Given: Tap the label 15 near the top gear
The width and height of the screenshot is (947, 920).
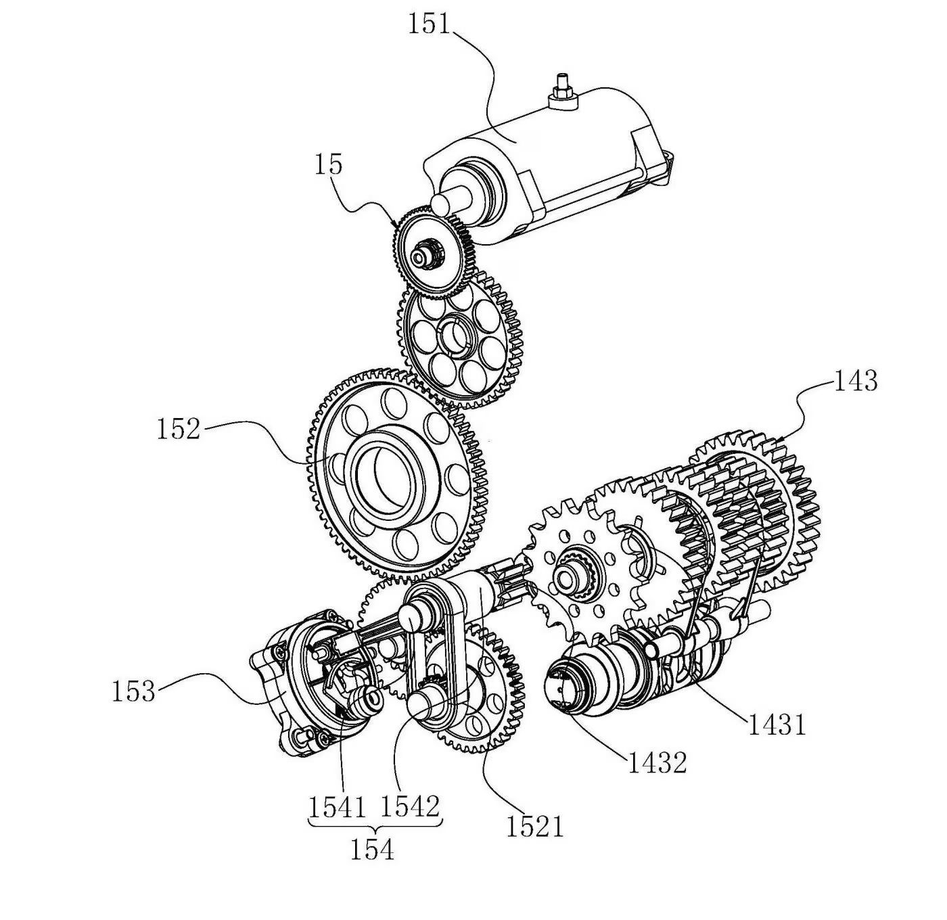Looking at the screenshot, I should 329,164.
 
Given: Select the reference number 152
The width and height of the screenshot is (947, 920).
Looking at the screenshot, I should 179,429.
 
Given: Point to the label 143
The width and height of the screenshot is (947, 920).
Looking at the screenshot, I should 855,381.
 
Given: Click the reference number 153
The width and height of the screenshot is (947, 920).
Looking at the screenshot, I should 133,691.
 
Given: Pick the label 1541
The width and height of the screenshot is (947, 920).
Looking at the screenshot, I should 338,806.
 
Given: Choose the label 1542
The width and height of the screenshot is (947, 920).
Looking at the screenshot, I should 410,806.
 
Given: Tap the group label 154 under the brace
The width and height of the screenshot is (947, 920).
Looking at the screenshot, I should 372,850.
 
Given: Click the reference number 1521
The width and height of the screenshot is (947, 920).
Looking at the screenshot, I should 534,826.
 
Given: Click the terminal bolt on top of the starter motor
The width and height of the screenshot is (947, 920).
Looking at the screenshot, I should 560,89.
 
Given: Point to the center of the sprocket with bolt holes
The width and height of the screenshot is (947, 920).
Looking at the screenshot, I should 572,578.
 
